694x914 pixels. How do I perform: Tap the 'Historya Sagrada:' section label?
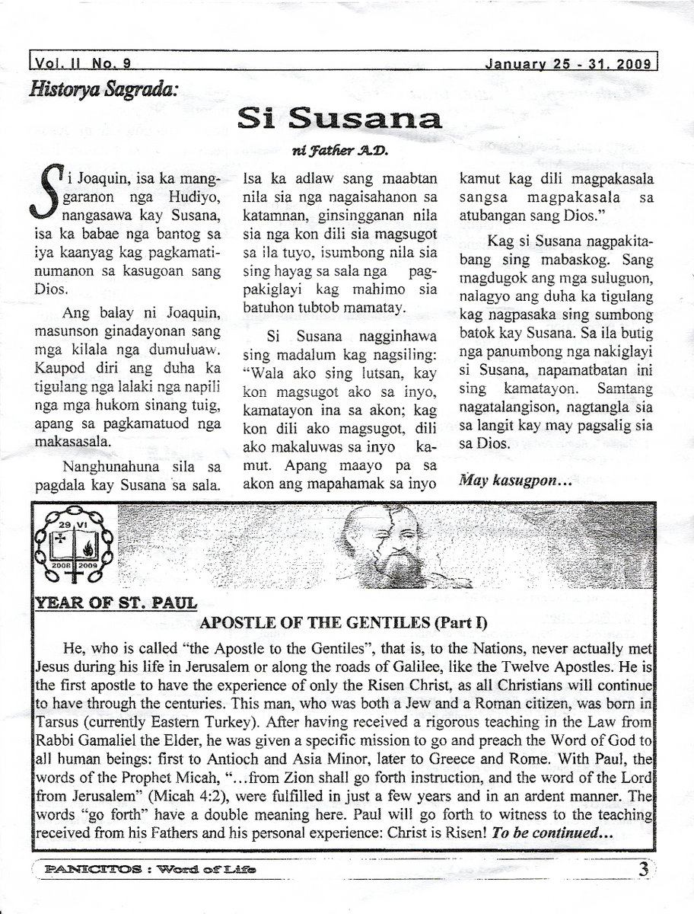click(x=103, y=89)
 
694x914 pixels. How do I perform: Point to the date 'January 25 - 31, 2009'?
click(x=570, y=64)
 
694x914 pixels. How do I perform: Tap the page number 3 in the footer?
click(x=644, y=868)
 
